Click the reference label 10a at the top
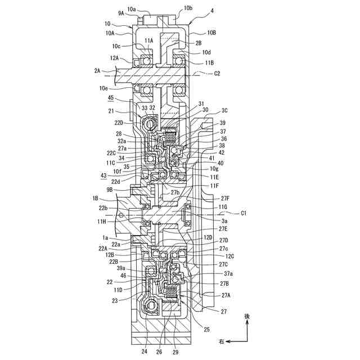pos(132,9)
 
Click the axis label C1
pos(244,213)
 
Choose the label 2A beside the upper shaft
pos(98,71)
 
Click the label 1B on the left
pos(96,198)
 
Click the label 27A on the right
pos(226,295)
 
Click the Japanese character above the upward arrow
pos(246,317)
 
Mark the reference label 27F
pos(225,198)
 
